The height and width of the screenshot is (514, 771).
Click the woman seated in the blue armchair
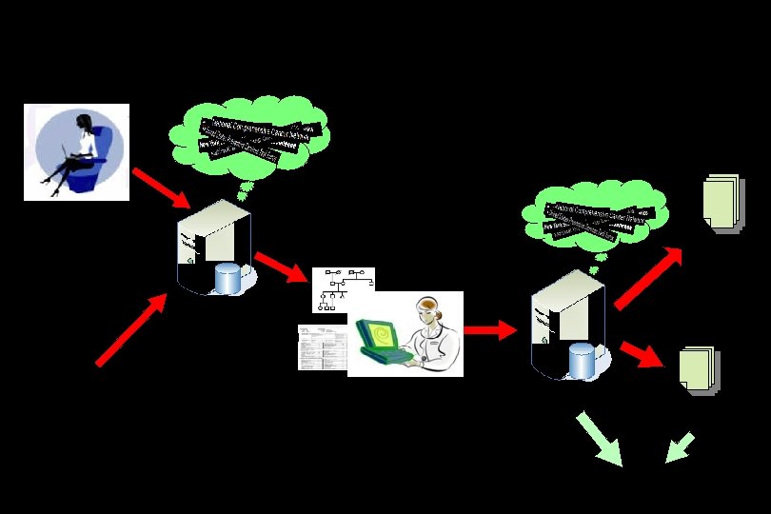[x=75, y=151]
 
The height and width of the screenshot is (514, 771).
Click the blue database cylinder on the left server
[x=228, y=278]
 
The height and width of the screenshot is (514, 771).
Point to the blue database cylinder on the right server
[x=582, y=360]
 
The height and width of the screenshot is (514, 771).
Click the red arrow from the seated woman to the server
[x=161, y=188]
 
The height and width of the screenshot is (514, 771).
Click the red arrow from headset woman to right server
[x=489, y=330]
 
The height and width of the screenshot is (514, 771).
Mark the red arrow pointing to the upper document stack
[x=649, y=278]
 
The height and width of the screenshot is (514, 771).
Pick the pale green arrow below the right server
[x=600, y=438]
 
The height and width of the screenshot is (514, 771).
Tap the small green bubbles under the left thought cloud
[x=244, y=191]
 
